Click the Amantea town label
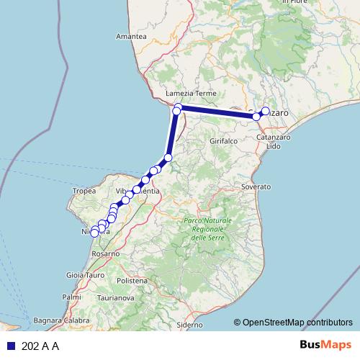(130, 36)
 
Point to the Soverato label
(256, 186)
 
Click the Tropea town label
(84, 191)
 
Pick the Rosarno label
(105, 254)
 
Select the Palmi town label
(71, 297)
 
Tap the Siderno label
(190, 325)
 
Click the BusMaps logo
(326, 346)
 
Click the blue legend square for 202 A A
(10, 346)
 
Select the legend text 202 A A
(40, 346)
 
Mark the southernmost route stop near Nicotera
(94, 233)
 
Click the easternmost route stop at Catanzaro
(266, 111)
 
